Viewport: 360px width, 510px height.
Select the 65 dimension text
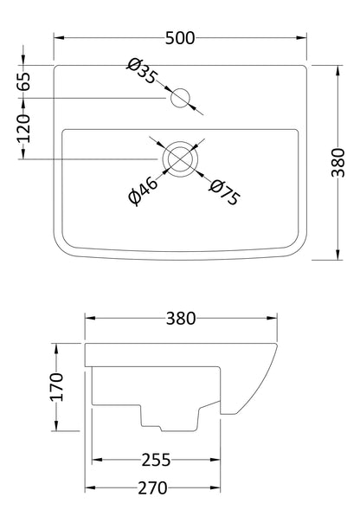23,83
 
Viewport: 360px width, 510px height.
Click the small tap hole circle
181,99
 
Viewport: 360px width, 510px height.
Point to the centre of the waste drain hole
179,157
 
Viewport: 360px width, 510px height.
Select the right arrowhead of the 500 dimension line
306,38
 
